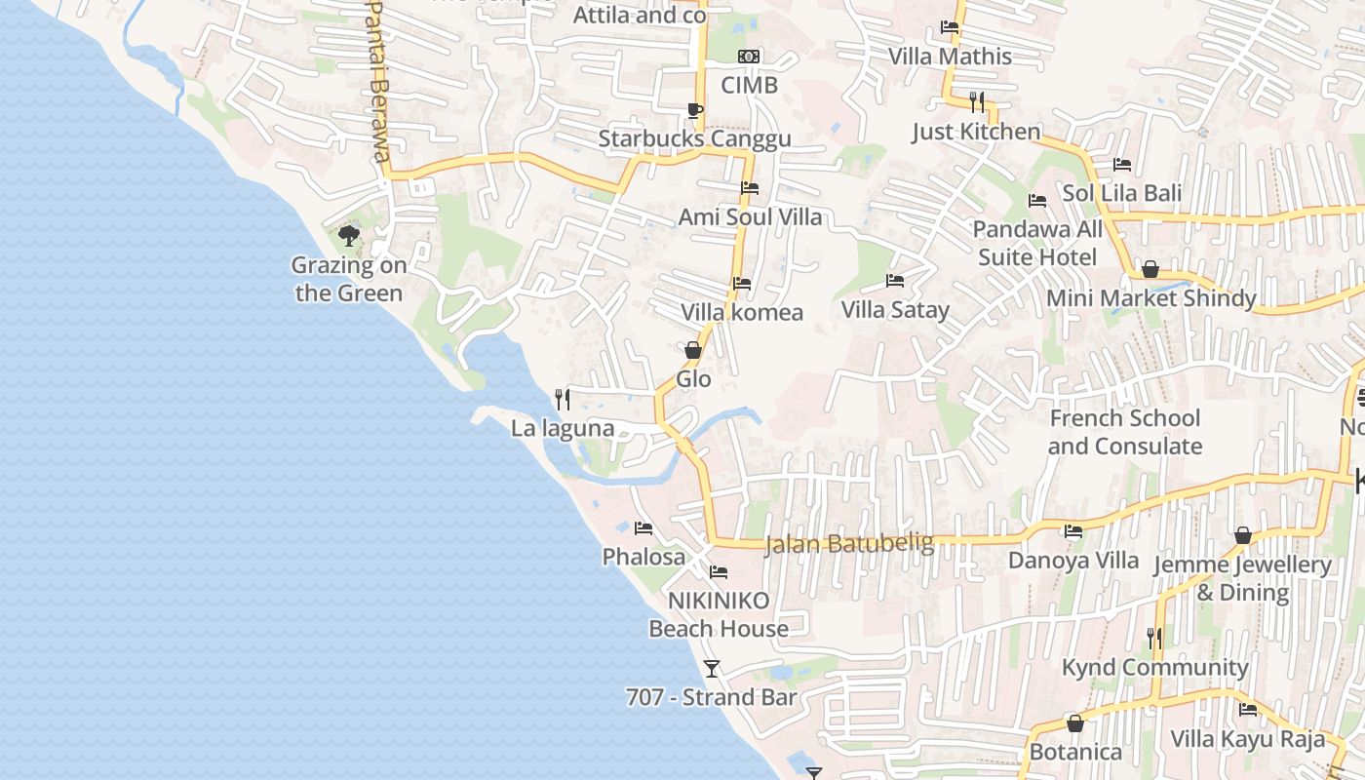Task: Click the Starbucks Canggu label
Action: (694, 138)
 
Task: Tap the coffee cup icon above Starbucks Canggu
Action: (694, 110)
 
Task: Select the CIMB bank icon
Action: (749, 57)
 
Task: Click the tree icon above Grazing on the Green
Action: (348, 235)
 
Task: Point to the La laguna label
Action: (563, 428)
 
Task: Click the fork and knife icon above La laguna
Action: (563, 399)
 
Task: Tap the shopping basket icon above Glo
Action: (693, 349)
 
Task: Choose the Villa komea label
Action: (742, 312)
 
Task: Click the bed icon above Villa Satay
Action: (895, 281)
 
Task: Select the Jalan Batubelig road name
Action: (849, 543)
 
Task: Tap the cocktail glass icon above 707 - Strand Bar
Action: (712, 668)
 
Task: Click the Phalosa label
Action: (643, 557)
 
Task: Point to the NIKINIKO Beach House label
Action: (719, 614)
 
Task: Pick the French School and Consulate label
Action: (1124, 432)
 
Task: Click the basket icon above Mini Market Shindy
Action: (1150, 269)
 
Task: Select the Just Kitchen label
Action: (976, 132)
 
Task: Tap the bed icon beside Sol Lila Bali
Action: (1122, 164)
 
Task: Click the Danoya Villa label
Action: (1073, 561)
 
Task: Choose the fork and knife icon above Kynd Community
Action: (1154, 638)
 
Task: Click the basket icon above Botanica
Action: (1075, 723)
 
